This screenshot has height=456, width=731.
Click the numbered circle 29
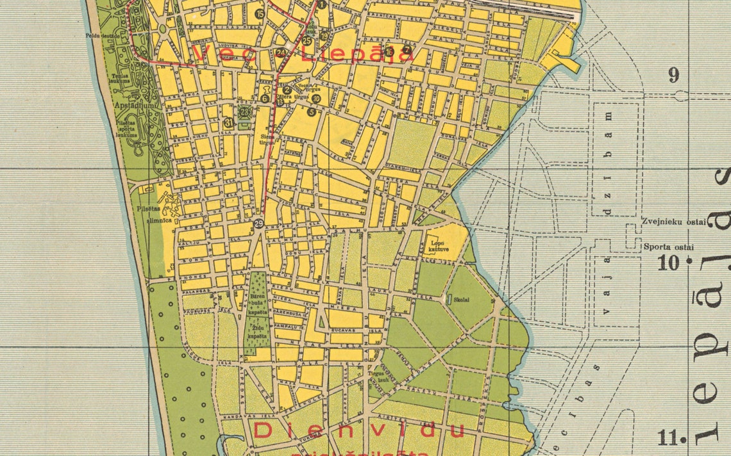(258, 223)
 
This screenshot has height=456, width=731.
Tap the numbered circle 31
(229, 122)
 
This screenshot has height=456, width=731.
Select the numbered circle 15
(259, 13)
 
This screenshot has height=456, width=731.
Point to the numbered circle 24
(281, 53)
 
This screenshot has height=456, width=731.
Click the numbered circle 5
(312, 111)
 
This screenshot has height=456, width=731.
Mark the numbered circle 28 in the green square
(244, 111)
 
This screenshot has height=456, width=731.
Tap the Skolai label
(462, 298)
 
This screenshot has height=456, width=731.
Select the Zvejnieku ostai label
(673, 222)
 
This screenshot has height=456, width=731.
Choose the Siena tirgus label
(267, 139)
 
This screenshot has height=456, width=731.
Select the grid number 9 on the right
(673, 76)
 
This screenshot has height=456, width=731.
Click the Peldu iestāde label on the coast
(103, 36)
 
